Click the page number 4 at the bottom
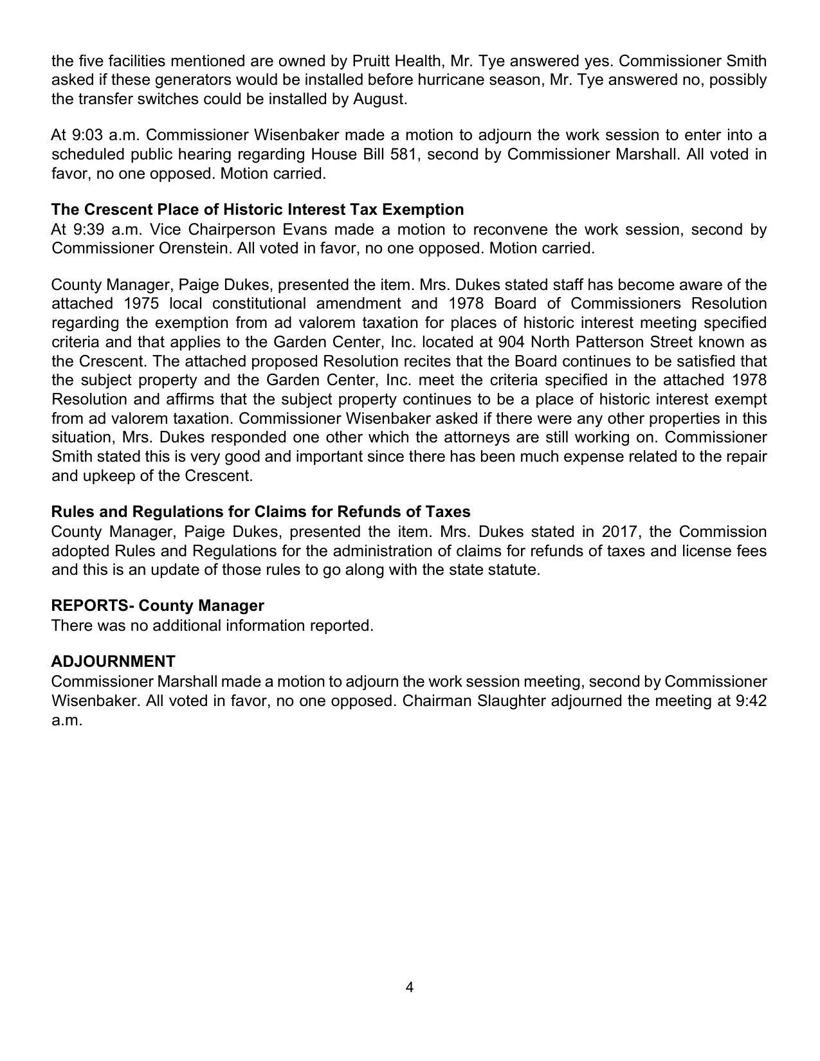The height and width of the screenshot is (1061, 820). [410, 987]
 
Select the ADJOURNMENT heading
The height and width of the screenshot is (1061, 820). [113, 662]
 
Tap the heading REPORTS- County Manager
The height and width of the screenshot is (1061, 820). [158, 606]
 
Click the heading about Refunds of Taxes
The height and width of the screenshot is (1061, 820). [260, 512]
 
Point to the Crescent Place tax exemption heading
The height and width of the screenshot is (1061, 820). [257, 210]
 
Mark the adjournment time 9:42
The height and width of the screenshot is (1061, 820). [751, 701]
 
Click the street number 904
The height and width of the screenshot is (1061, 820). [512, 342]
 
